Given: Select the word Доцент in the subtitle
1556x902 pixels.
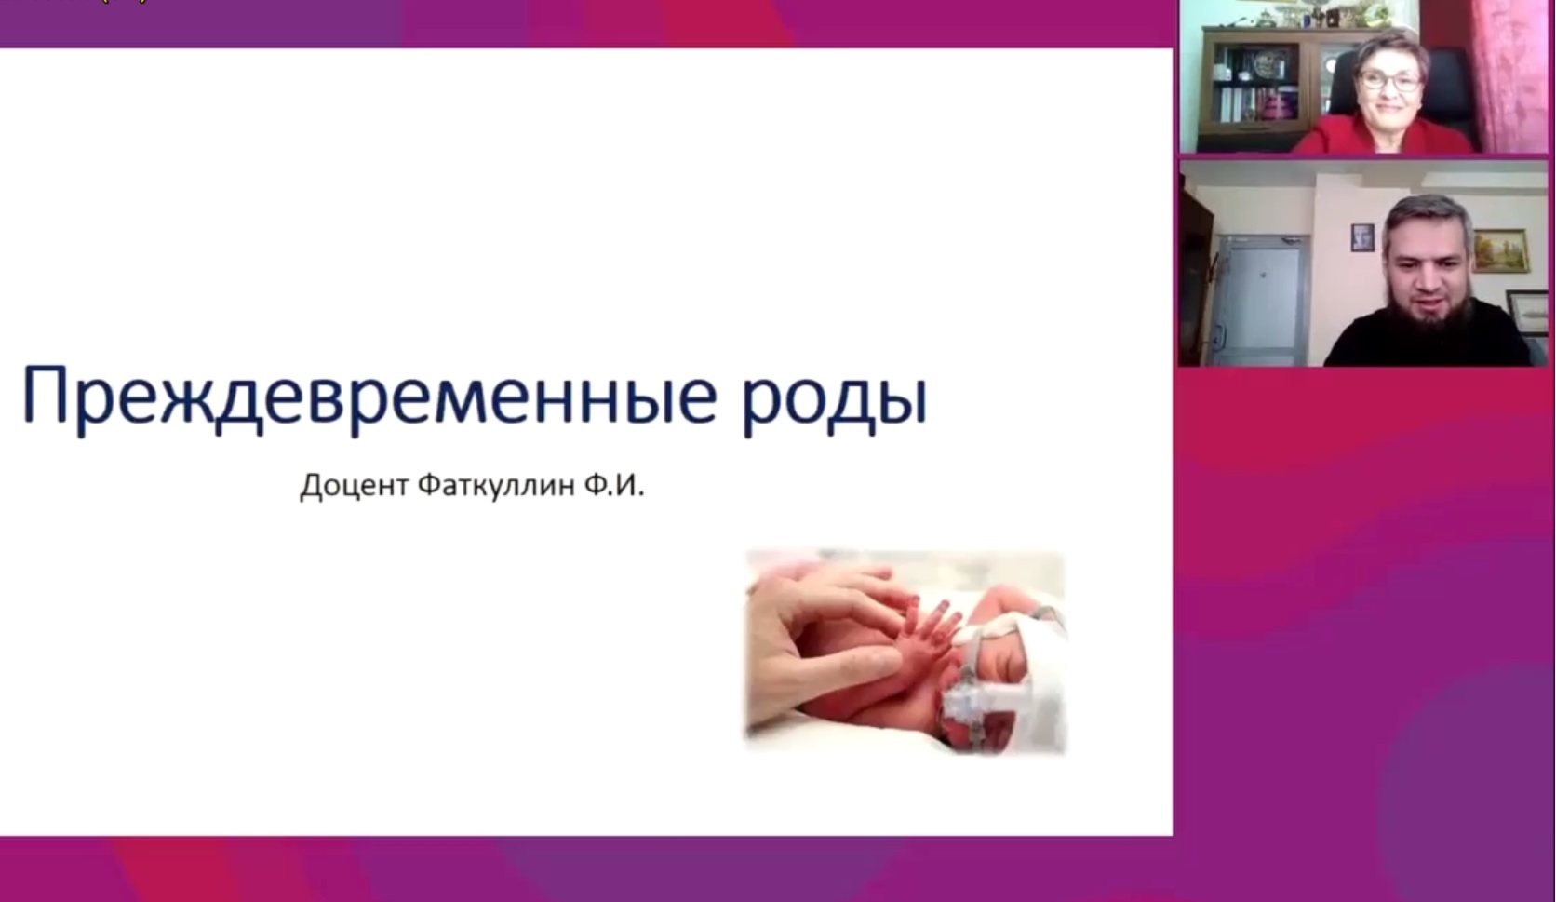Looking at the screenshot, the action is (x=355, y=485).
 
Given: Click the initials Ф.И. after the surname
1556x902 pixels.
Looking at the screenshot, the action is (x=614, y=484).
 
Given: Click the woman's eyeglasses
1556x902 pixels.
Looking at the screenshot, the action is (x=1389, y=81).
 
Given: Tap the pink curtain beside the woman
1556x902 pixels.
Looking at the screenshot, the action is (x=1514, y=76).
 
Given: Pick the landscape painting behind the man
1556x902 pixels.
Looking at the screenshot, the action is (x=1500, y=250).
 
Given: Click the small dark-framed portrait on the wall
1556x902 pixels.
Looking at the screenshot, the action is (x=1362, y=237).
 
